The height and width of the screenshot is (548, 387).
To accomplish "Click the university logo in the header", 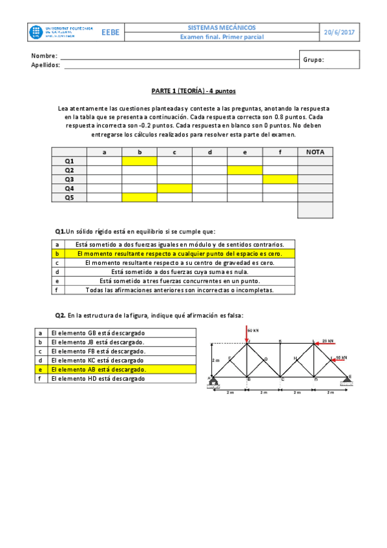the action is tap(62, 32).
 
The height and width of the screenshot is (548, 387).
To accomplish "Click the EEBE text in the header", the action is tap(110, 32).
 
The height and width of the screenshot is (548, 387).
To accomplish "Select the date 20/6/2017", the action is tap(339, 32).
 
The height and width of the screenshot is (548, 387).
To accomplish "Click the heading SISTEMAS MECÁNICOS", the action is tap(222, 28).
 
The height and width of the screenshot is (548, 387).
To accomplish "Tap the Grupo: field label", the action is tap(313, 59).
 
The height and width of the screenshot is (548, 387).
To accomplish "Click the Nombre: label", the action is tap(44, 56).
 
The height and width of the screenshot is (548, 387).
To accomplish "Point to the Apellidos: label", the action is tap(46, 65).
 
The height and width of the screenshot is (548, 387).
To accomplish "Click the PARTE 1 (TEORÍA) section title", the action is tap(193, 91).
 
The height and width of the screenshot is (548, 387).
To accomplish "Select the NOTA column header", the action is tap(315, 152).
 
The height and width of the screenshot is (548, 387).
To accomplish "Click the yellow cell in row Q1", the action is tap(139, 161).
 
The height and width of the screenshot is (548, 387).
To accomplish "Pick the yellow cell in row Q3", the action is tap(279, 179).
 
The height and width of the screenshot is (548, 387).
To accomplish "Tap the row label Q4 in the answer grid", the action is tap(69, 188).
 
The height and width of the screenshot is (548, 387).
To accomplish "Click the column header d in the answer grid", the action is tap(209, 152).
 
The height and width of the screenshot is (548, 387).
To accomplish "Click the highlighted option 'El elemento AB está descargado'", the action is tap(99, 369).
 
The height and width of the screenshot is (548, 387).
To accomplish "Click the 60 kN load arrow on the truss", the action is tap(247, 333).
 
